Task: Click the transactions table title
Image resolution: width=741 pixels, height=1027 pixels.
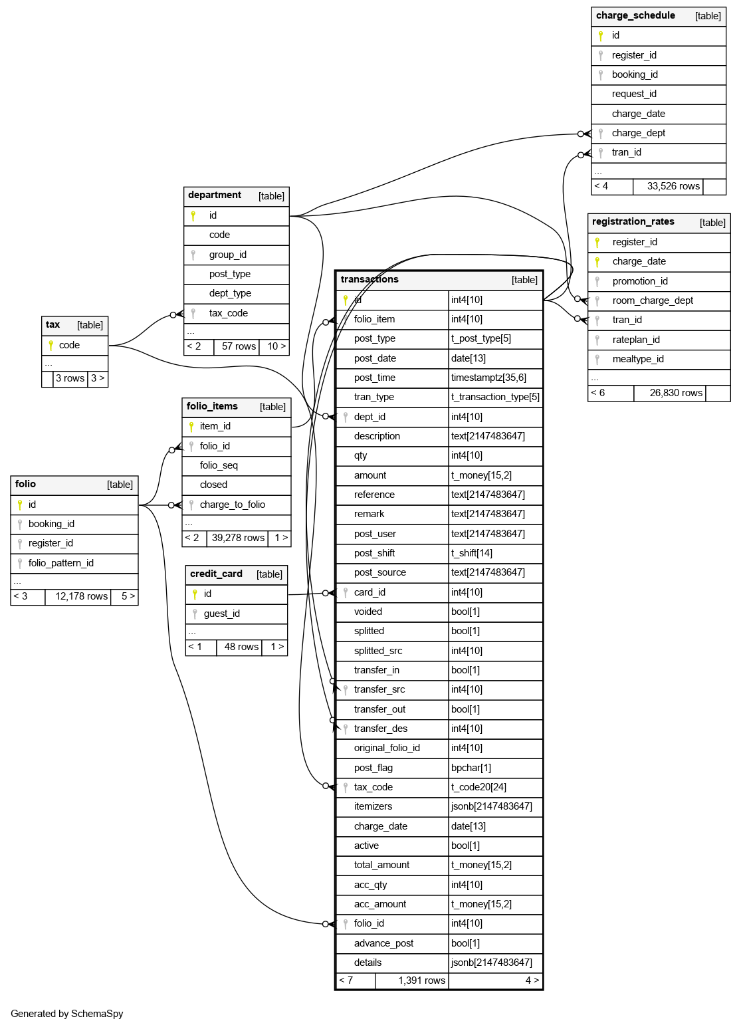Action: tap(370, 280)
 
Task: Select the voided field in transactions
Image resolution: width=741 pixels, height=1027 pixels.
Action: tap(368, 612)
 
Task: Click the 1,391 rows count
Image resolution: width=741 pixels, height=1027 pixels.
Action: tap(421, 980)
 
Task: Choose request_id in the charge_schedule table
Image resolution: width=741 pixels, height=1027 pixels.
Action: tap(634, 94)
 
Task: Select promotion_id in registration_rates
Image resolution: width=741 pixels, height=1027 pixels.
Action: tap(639, 281)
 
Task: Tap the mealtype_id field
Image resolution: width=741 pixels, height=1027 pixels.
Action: tap(637, 360)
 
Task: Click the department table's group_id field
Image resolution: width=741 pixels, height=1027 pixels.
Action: tap(227, 255)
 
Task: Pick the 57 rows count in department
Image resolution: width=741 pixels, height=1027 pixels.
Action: tap(239, 346)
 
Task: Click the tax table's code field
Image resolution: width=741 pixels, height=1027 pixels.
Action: tap(69, 346)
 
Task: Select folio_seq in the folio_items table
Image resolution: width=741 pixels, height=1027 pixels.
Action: tap(219, 465)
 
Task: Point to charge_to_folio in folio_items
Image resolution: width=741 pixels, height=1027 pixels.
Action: tap(232, 505)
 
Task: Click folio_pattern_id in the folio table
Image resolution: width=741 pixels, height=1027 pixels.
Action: tap(60, 563)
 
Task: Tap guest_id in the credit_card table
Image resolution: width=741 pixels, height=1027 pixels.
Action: tap(221, 614)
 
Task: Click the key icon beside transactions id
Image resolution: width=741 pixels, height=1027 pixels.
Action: tap(346, 300)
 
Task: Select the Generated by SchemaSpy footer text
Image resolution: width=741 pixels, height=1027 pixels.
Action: tap(67, 1014)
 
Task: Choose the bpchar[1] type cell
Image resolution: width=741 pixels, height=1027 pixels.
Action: tap(471, 768)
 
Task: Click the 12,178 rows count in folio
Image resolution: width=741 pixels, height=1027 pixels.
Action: tap(81, 597)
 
